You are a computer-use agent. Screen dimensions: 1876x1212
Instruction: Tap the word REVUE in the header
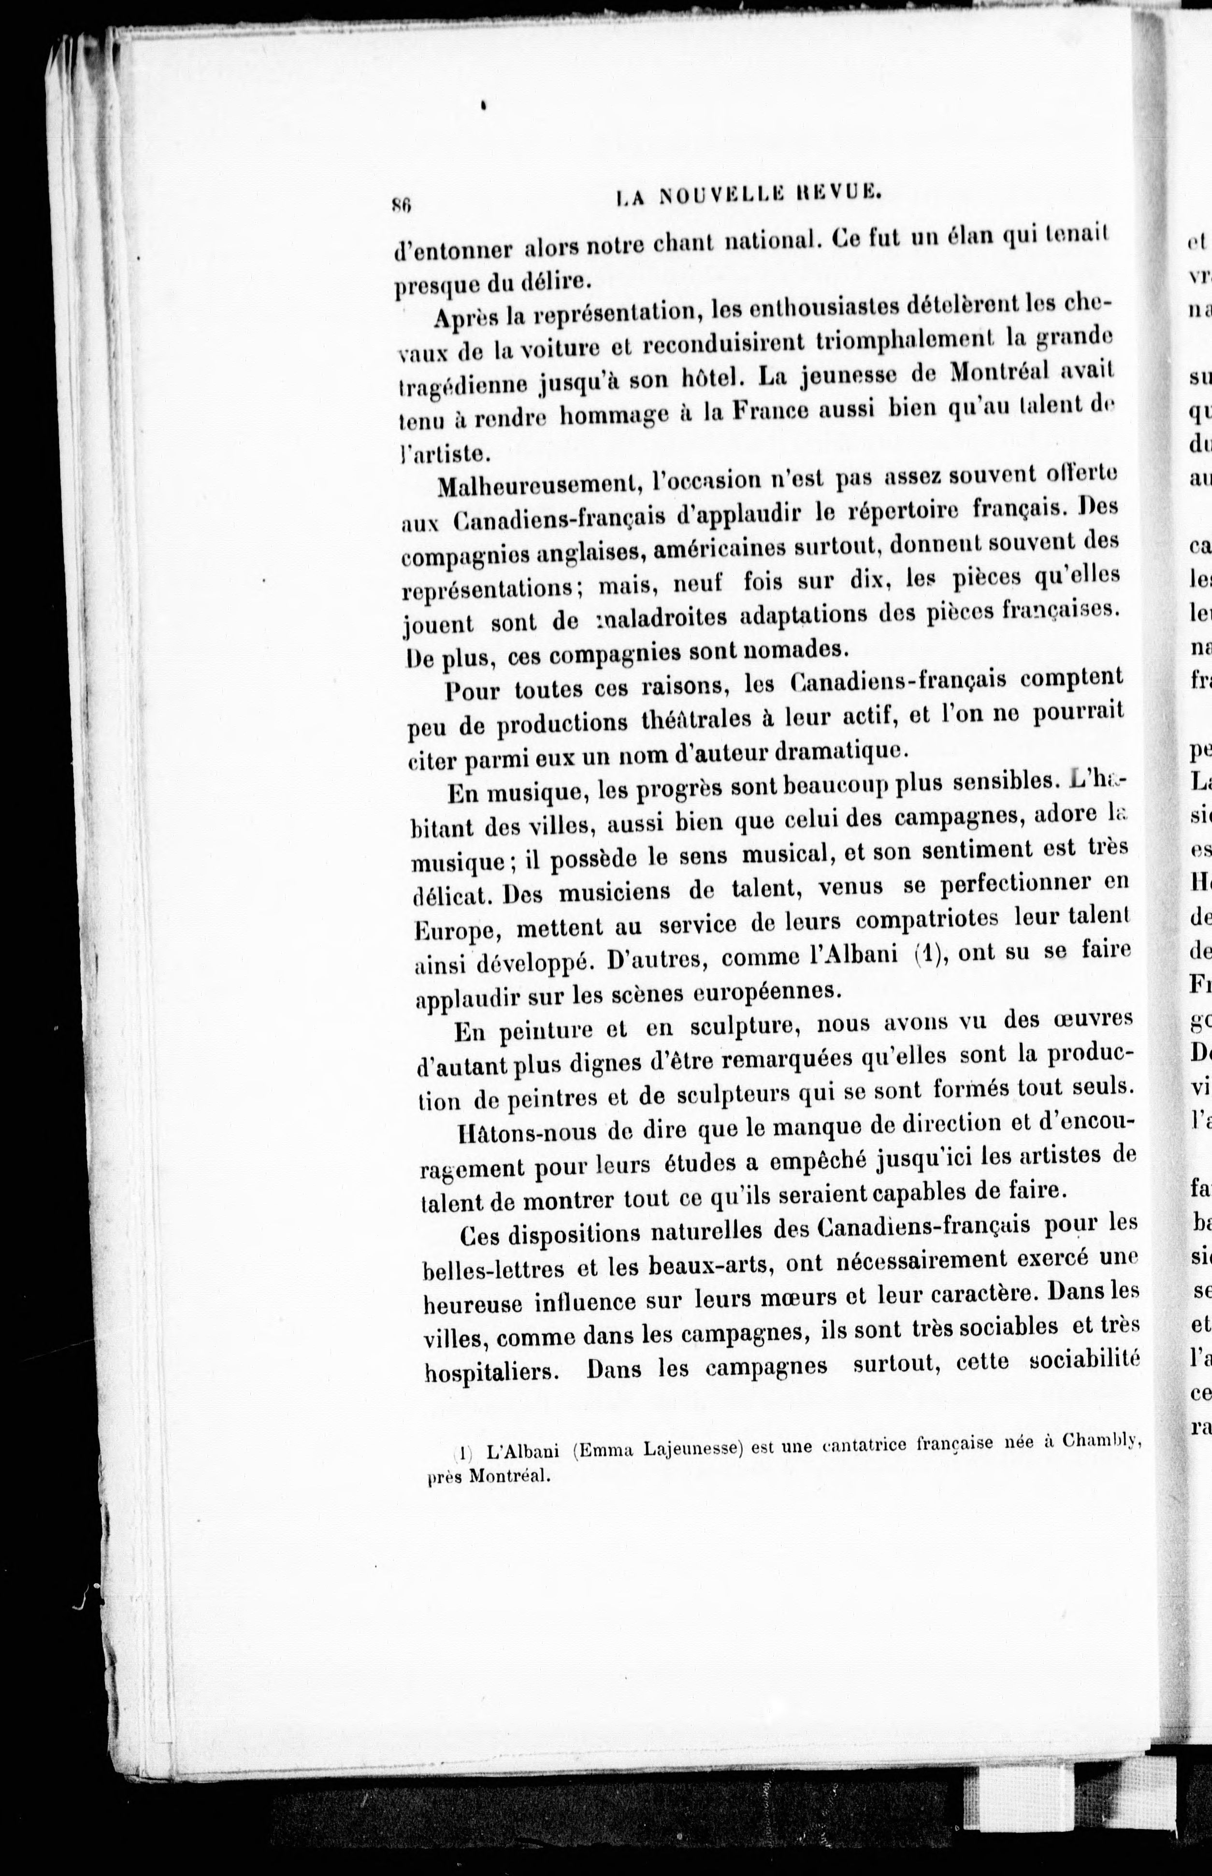tap(836, 194)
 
